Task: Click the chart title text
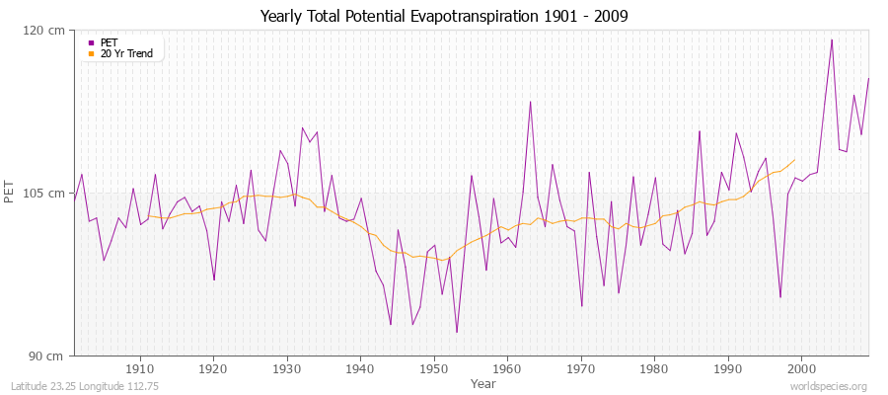(443, 17)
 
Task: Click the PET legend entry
(109, 42)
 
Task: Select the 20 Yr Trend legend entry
(126, 53)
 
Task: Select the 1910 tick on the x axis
(140, 367)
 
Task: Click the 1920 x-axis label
(213, 367)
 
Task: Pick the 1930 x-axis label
(287, 367)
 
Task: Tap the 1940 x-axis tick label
(360, 367)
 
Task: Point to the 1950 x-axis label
(434, 367)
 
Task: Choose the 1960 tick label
(507, 367)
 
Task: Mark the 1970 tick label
(581, 367)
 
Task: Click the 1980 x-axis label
(654, 367)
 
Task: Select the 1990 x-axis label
(728, 367)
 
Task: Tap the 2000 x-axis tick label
(801, 367)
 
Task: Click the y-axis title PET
(11, 193)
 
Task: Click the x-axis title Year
(483, 382)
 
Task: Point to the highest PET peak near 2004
(832, 40)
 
